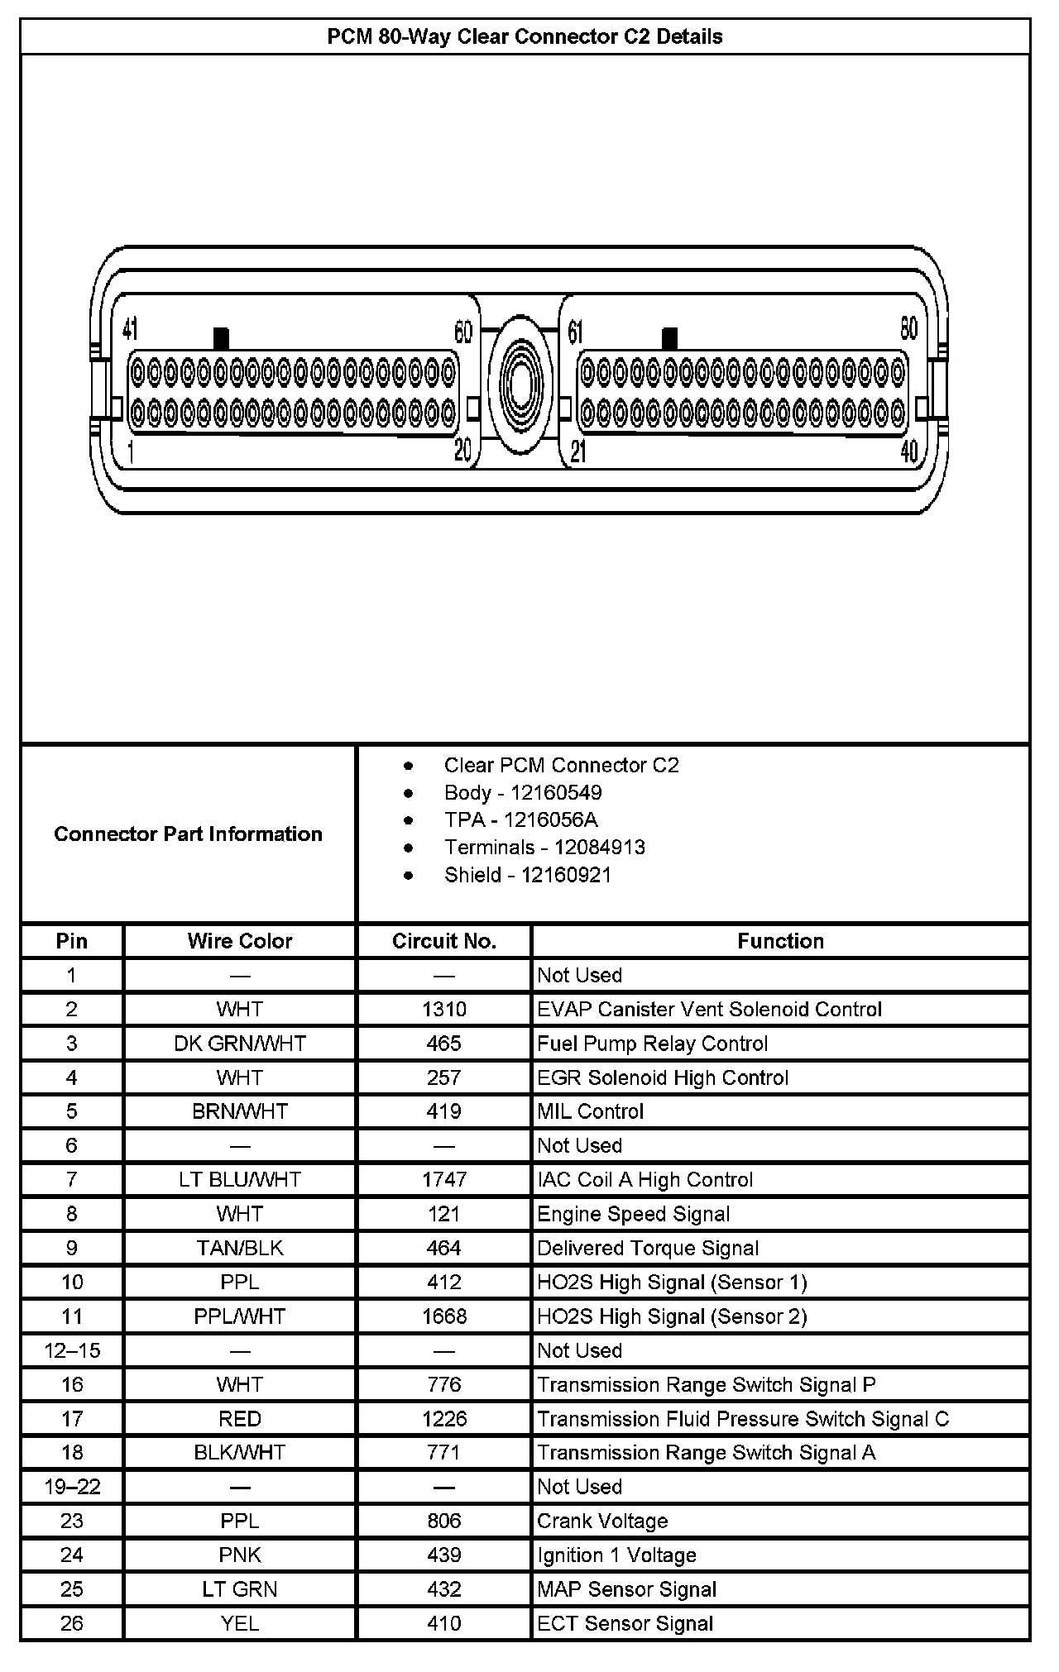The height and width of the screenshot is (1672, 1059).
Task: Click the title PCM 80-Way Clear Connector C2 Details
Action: point(525,37)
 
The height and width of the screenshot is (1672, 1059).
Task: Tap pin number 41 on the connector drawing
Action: point(130,329)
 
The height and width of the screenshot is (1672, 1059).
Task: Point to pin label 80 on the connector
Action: point(908,329)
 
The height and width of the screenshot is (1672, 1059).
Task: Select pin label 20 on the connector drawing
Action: point(462,450)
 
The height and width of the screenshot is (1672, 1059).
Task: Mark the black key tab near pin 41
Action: point(221,338)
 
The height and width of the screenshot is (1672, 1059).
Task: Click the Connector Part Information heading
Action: point(188,834)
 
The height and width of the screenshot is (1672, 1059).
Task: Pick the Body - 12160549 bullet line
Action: point(522,792)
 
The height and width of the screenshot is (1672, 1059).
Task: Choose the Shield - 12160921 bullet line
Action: point(527,874)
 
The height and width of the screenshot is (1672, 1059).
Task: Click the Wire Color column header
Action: point(240,941)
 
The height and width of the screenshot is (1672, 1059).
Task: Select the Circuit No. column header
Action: point(444,941)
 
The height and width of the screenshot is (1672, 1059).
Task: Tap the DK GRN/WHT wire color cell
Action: point(240,1044)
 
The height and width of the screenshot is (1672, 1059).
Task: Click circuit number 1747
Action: point(444,1180)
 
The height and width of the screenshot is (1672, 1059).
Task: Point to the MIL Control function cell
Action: point(590,1111)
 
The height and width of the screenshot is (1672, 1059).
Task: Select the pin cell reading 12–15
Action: point(72,1350)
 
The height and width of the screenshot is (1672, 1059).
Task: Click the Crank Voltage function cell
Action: point(602,1521)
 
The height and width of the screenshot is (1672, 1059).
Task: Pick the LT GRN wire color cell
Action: point(240,1589)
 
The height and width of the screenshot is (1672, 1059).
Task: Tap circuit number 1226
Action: point(444,1419)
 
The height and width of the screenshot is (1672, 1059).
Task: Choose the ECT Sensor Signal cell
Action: point(625,1623)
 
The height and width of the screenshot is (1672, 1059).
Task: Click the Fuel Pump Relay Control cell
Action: point(652,1044)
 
